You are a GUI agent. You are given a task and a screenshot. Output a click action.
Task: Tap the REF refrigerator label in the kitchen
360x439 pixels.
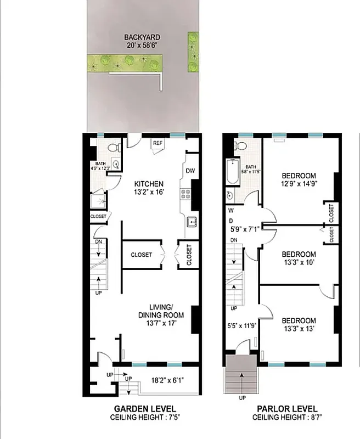pos(157,143)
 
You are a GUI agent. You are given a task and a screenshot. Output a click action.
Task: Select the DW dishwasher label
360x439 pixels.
pos(190,171)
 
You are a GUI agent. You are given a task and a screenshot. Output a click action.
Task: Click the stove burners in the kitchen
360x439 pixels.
pos(185,194)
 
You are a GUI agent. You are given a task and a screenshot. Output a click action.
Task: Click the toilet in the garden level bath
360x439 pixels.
pos(114,148)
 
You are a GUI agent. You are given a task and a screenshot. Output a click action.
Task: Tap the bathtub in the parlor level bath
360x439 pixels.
pos(232,172)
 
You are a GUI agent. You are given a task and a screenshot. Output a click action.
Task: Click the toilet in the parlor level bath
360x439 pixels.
pos(240,146)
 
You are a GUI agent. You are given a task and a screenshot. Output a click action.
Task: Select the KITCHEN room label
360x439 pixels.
pos(149,183)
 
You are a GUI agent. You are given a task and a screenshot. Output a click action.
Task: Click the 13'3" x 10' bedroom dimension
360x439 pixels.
pos(299,262)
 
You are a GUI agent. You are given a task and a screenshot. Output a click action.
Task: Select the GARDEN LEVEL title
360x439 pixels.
pos(144,408)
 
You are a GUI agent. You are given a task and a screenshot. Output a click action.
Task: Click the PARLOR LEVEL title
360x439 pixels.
pos(287,408)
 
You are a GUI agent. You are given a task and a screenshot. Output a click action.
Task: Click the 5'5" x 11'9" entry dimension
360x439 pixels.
pos(241,325)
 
